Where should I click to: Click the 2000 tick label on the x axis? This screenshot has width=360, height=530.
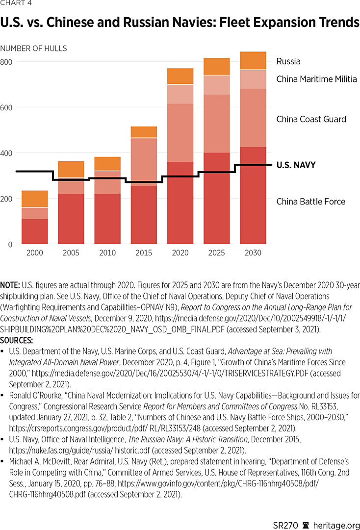tap(35, 253)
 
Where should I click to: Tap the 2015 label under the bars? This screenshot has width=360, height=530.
tap(144, 253)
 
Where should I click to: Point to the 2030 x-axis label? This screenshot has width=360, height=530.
tap(253, 253)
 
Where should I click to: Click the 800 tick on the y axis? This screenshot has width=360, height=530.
tap(6, 62)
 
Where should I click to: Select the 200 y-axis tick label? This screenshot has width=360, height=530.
tap(6, 199)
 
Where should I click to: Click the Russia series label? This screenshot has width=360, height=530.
tap(288, 61)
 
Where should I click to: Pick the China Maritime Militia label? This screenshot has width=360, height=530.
tap(316, 79)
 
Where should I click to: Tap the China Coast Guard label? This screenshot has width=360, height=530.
tap(311, 119)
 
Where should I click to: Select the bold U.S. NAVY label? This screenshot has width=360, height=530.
tap(296, 165)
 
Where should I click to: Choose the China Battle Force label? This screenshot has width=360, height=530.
tap(310, 202)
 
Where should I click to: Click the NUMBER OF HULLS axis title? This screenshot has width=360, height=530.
tap(33, 49)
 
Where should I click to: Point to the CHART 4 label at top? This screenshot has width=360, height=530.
tap(16, 4)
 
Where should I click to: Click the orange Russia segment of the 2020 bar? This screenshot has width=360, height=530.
tap(180, 76)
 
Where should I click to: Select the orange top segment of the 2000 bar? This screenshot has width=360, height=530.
tap(35, 199)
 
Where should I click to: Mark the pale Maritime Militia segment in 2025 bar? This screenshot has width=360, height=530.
tap(217, 85)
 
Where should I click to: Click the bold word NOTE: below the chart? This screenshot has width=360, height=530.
tap(10, 284)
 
